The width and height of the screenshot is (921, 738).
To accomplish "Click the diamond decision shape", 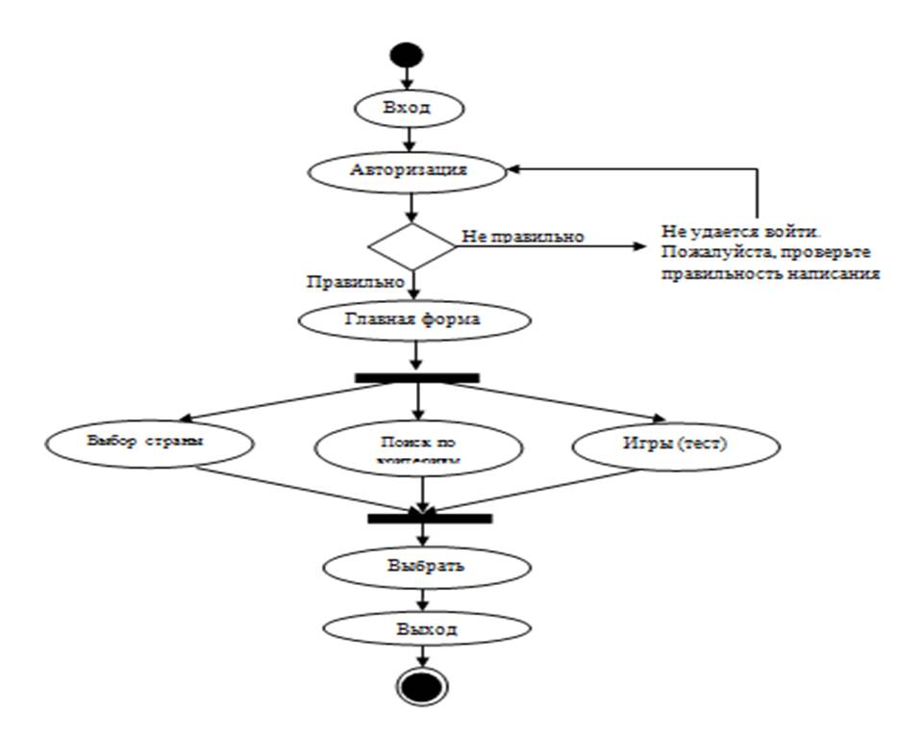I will pyautogui.click(x=412, y=246).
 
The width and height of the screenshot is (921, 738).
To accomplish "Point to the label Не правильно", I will pyautogui.click(x=524, y=236).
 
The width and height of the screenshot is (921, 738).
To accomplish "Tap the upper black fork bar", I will pyautogui.click(x=417, y=378).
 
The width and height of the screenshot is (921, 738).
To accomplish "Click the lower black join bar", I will pyautogui.click(x=430, y=519).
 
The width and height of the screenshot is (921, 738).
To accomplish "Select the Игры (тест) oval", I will pyautogui.click(x=676, y=445).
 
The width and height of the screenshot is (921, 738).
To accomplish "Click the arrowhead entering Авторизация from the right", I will pyautogui.click(x=515, y=169).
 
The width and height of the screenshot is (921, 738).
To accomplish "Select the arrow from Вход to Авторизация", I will pyautogui.click(x=411, y=138).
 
